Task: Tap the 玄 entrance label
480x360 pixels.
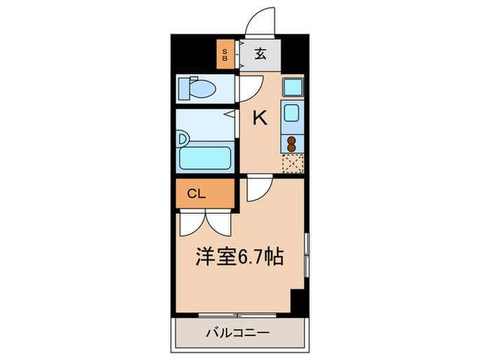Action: (x=261, y=53)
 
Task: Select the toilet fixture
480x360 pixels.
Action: (x=198, y=88)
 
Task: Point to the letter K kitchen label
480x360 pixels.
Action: (x=260, y=118)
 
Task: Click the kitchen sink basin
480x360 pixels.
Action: (x=292, y=113)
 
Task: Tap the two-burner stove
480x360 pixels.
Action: (x=292, y=143)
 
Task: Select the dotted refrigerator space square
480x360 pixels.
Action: (x=293, y=163)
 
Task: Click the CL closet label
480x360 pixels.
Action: (x=196, y=194)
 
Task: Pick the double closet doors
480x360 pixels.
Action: (x=206, y=224)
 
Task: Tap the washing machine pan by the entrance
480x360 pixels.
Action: (x=292, y=88)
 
